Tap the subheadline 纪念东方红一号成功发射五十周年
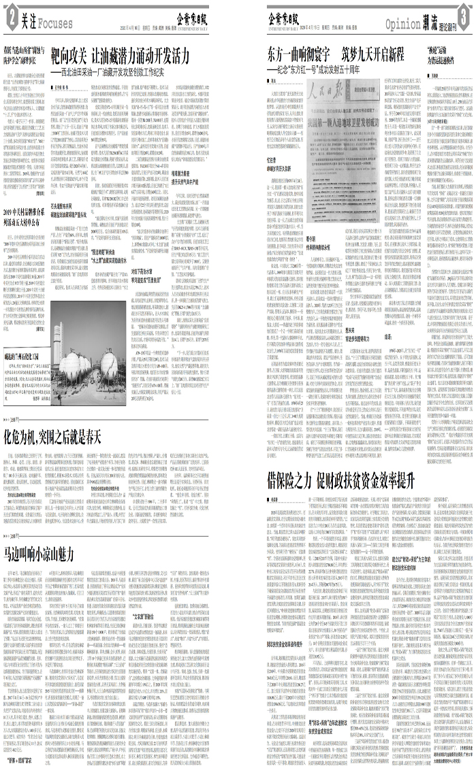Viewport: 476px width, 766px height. [324, 69]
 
